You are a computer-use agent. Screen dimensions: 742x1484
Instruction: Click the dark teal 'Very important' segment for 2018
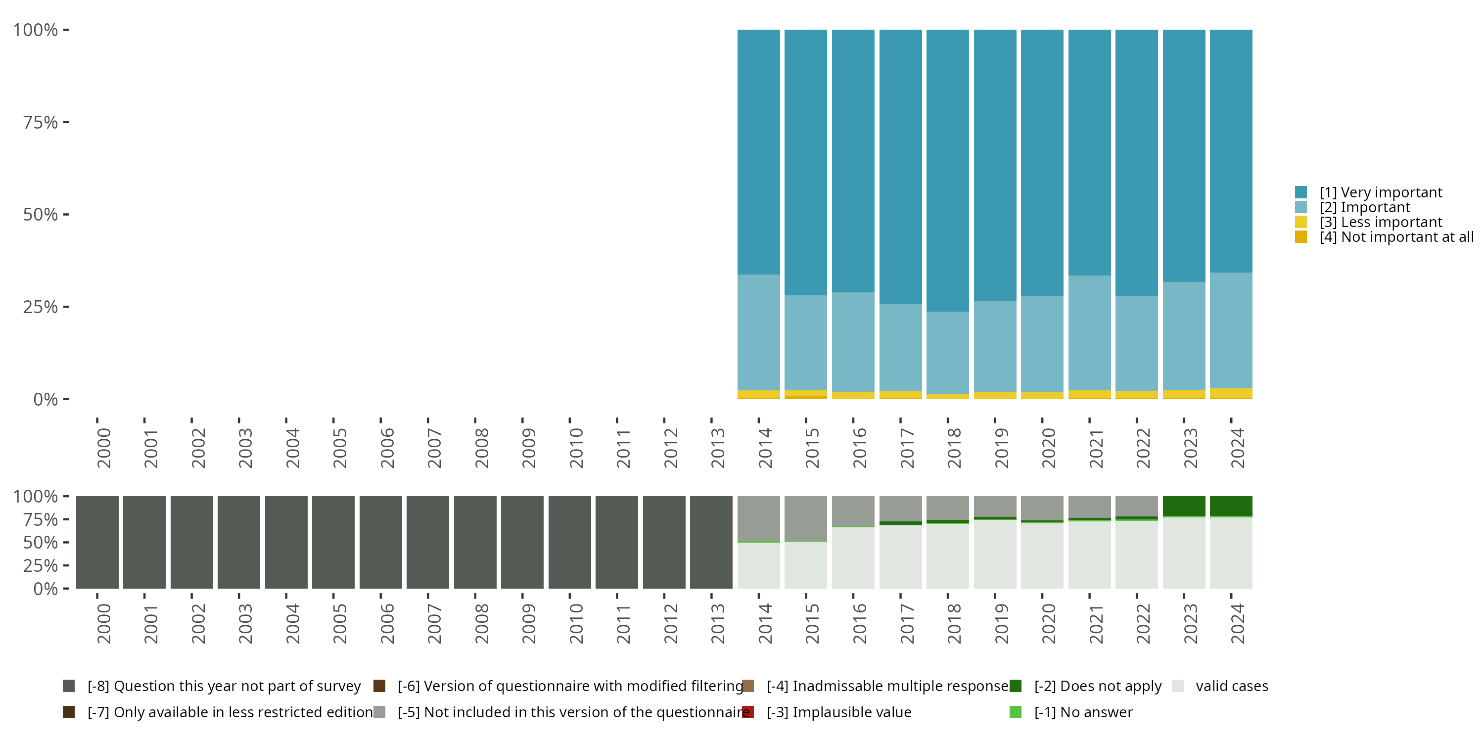coord(948,171)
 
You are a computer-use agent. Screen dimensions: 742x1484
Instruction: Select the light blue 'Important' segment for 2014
coord(759,332)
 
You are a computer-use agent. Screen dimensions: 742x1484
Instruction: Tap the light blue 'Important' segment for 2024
coord(1231,330)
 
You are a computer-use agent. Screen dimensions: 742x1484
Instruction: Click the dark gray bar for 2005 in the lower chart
coord(333,542)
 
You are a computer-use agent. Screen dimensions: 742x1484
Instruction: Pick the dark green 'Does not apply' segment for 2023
coord(1184,506)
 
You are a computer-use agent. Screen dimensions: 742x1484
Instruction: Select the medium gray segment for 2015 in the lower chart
coord(806,518)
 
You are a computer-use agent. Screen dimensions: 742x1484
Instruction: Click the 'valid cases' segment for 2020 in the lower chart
coord(1042,556)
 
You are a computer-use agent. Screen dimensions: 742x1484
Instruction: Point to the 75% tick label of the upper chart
coord(41,122)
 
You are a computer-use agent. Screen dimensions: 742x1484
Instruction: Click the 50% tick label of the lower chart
coord(41,542)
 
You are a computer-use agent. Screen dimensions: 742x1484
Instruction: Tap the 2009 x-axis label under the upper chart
coord(528,448)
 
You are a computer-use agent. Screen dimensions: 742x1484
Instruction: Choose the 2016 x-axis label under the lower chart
coord(859,623)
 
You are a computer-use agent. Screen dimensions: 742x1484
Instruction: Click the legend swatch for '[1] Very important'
coord(1301,192)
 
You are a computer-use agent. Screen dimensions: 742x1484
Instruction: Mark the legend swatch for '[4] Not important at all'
coord(1301,237)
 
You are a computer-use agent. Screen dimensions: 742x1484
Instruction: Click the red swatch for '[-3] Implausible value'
coord(748,712)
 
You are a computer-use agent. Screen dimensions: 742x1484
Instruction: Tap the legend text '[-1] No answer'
coord(1083,712)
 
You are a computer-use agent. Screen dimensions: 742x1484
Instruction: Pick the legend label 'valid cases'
coord(1232,686)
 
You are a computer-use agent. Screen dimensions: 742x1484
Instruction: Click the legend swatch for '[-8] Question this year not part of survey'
coord(69,686)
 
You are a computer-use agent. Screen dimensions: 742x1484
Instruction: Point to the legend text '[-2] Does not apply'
coord(1098,686)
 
